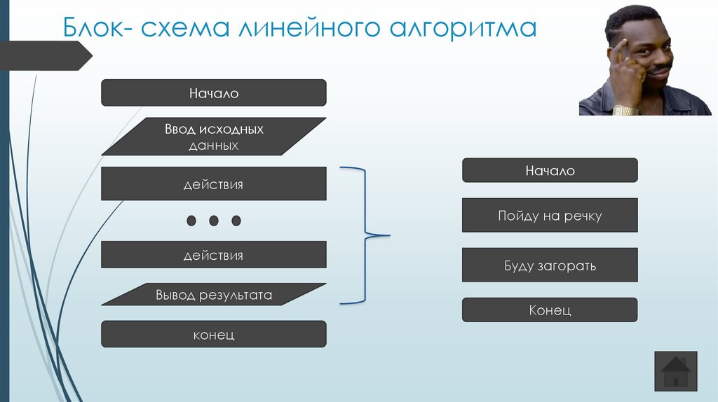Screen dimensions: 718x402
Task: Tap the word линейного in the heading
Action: [309, 27]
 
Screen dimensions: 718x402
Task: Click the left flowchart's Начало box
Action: [214, 93]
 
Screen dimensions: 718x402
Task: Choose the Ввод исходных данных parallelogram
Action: [214, 137]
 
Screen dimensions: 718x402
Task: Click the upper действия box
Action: [214, 184]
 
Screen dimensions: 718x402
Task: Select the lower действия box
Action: [214, 255]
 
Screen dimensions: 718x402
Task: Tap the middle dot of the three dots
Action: [214, 221]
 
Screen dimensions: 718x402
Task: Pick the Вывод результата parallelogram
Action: [214, 295]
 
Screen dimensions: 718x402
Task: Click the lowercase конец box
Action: [214, 334]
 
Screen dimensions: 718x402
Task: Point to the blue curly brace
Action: [365, 235]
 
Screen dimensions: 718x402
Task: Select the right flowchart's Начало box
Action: [550, 171]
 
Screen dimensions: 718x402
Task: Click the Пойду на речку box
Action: [550, 216]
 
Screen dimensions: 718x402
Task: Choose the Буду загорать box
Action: [550, 265]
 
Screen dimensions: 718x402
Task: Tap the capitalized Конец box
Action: [550, 310]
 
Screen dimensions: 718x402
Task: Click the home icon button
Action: [676, 371]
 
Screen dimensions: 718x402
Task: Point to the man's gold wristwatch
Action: [625, 110]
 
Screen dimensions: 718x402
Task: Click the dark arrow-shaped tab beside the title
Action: [46, 56]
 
